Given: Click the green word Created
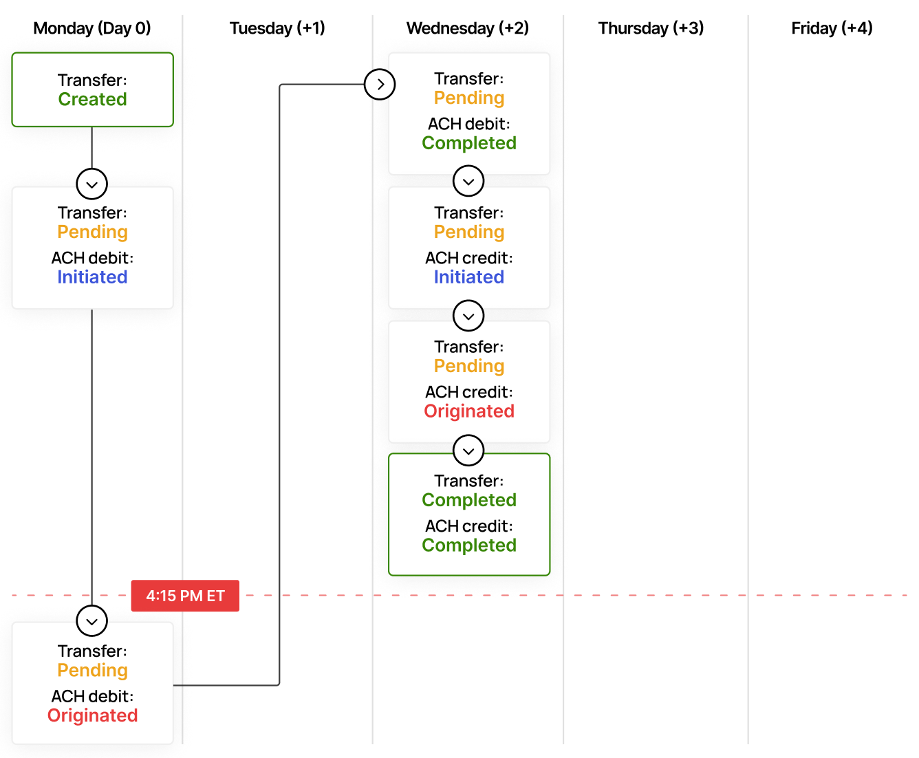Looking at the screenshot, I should [92, 100].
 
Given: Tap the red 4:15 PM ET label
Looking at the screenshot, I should [186, 596].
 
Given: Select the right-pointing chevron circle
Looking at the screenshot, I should [380, 85].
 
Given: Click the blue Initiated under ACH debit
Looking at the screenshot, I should [92, 277].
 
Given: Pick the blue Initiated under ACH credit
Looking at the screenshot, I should [468, 277].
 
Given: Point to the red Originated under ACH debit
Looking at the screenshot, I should [92, 716].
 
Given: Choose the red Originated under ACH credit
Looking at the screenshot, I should [468, 411].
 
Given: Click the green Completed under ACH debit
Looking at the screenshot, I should [468, 143].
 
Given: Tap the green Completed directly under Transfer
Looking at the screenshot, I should [468, 500].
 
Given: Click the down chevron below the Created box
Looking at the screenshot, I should [92, 184].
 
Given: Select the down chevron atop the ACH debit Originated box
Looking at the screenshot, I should [92, 621].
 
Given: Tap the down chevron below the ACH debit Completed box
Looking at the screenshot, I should [468, 182].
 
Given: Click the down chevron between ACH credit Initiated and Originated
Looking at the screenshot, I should [468, 316].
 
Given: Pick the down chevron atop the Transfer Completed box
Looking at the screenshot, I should [468, 451].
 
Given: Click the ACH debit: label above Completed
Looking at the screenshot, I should [468, 124].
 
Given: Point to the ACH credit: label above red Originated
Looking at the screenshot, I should [468, 392].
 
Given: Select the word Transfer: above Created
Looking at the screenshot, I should [92, 80].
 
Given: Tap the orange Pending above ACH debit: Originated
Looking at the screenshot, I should [92, 671].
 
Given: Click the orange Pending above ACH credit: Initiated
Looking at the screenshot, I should [468, 232].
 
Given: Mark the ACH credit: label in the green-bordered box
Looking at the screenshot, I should [468, 526].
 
